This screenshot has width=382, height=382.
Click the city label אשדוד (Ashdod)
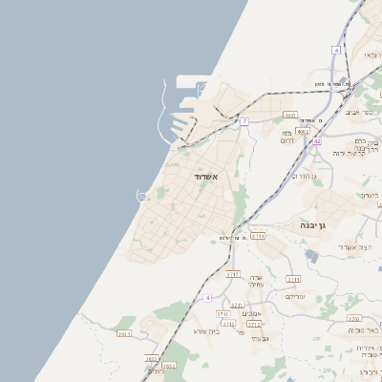click(206, 177)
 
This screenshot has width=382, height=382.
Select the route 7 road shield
click(244, 121)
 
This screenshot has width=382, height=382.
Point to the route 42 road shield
click(316, 140)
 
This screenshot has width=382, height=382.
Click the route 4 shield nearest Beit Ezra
click(207, 298)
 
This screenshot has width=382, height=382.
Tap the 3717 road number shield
click(232, 274)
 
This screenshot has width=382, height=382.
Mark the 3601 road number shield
click(124, 334)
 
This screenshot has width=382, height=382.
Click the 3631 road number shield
click(152, 358)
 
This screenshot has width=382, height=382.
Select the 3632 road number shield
click(169, 365)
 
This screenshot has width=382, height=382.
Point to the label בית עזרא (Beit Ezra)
click(205, 331)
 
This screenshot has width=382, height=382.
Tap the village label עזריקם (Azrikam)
click(295, 297)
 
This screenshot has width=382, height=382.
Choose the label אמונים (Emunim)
click(253, 313)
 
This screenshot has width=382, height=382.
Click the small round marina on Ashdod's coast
click(142, 196)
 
